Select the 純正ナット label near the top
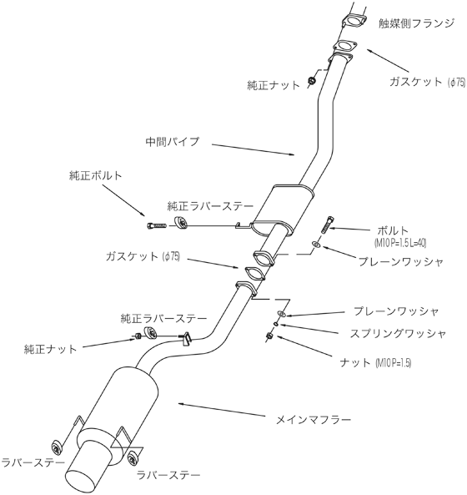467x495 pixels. (x=269, y=85)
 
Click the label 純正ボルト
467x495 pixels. (x=96, y=177)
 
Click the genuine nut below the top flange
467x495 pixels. (x=311, y=80)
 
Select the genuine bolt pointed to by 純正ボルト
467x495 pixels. (x=155, y=225)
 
